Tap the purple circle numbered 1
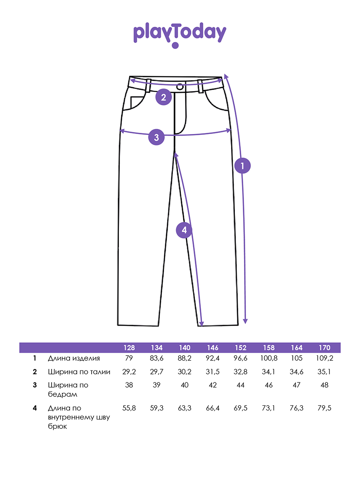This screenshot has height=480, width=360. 242,166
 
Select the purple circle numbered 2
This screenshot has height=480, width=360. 163,97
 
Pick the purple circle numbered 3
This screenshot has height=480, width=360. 156,137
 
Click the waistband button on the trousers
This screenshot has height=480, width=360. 180,86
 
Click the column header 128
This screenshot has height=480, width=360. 129,348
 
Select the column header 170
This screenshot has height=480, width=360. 324,348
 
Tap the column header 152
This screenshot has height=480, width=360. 241,348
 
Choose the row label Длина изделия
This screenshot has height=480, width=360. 74,358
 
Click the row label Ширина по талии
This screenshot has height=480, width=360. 79,372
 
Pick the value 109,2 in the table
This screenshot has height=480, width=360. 324,358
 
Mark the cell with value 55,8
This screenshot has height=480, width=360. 129,408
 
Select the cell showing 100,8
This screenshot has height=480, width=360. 268,358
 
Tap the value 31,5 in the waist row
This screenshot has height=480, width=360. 213,372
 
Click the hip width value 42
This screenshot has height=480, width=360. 213,385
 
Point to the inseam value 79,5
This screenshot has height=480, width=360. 324,408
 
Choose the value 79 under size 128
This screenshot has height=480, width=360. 129,358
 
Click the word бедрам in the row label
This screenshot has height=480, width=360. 62,394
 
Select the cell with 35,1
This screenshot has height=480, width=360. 324,372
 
